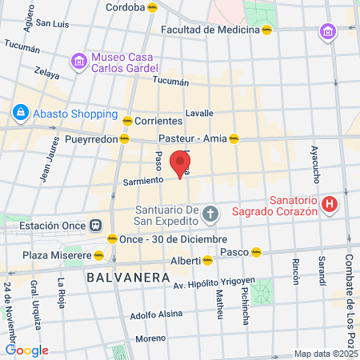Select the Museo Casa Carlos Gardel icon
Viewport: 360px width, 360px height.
(x=78, y=61)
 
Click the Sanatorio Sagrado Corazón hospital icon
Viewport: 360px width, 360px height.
(x=328, y=205)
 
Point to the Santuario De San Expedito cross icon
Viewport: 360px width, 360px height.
(x=210, y=214)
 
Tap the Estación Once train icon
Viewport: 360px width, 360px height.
(x=96, y=226)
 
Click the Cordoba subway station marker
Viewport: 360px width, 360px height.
(x=153, y=6)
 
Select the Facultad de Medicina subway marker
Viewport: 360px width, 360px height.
(x=266, y=30)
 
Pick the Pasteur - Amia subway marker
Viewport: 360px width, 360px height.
(x=234, y=138)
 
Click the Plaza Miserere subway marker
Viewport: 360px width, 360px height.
(x=98, y=255)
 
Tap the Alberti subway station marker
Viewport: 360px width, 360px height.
(x=207, y=260)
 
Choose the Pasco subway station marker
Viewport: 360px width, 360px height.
(x=257, y=251)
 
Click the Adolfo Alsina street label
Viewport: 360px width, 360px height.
(x=154, y=315)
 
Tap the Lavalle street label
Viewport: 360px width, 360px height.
(x=198, y=113)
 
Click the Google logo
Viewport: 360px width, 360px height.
(x=26, y=350)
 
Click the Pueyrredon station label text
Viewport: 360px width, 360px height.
(x=91, y=138)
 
